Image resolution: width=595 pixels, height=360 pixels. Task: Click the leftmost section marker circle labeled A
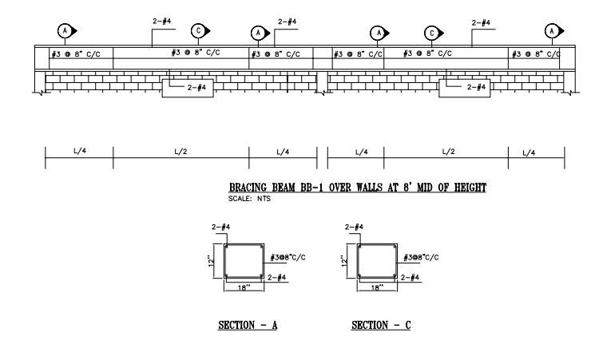point(65,30)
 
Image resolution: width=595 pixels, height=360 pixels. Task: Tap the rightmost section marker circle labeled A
point(552,31)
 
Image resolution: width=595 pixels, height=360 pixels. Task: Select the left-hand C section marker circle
point(198,30)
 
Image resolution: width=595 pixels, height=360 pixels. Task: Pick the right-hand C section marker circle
point(431,34)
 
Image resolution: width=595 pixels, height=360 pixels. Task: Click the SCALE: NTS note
point(249,199)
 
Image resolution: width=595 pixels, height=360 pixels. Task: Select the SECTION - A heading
point(248,325)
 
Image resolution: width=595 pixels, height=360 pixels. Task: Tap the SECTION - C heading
point(381,325)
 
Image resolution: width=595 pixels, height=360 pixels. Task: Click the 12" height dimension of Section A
point(212,261)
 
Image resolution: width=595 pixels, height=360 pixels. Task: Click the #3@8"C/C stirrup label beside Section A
point(288,258)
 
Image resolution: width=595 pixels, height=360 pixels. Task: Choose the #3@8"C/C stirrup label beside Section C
point(421,258)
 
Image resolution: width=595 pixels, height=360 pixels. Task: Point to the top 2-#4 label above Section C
point(354,227)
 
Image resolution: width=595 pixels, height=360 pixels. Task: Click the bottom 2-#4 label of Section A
point(276,278)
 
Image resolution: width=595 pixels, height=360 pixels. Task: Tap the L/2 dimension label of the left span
point(180,152)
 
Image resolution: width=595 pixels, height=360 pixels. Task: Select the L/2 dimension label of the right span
point(448,152)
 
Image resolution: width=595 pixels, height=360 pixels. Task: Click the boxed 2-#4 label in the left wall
point(196,88)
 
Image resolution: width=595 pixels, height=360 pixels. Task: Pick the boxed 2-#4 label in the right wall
point(476,87)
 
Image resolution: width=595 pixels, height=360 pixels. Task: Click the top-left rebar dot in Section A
point(227,247)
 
